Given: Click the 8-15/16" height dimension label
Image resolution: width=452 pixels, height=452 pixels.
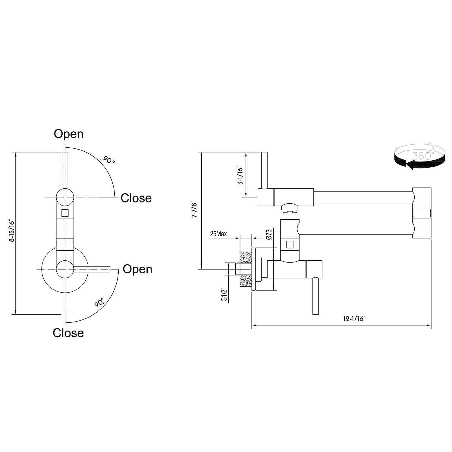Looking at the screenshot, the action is tap(11, 231).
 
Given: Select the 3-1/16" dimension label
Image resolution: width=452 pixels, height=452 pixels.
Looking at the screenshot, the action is tap(240, 175).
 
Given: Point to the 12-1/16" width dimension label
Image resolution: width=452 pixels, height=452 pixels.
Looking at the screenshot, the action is tap(354, 319).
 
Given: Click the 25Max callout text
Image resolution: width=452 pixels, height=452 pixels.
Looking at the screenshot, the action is tap(218, 234).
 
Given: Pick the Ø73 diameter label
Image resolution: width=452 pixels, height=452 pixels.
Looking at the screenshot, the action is tap(269, 234).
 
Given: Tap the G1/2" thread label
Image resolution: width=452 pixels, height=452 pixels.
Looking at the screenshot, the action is tap(224, 295).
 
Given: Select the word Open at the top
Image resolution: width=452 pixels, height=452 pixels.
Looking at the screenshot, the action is tap(69, 134).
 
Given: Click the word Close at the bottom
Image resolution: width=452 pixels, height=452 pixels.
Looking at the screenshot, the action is tap(68, 333).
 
